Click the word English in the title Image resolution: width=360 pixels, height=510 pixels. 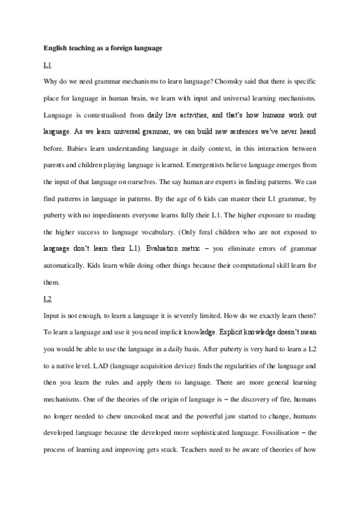pyautogui.click(x=56, y=48)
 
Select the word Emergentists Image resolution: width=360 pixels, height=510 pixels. pyautogui.click(x=208, y=165)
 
